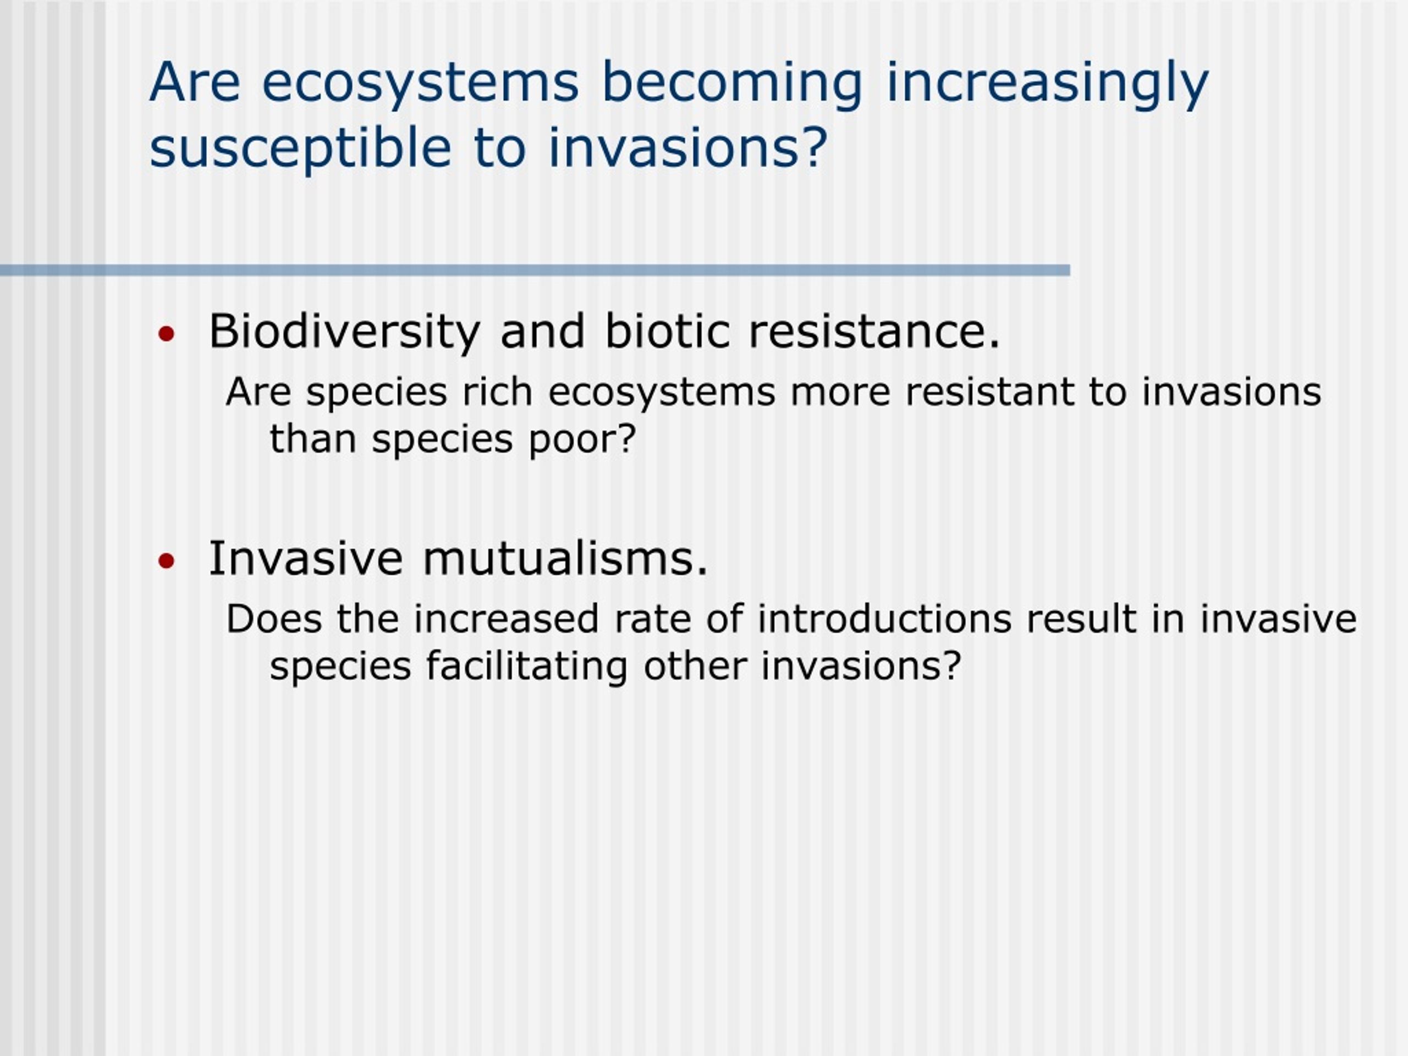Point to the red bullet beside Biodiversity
click(166, 333)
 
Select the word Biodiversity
click(344, 332)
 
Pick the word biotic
click(667, 331)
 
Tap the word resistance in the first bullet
click(874, 332)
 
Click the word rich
click(497, 391)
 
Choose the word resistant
click(990, 392)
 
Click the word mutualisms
click(565, 558)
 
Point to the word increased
click(506, 619)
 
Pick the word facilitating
click(527, 667)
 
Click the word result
click(1081, 619)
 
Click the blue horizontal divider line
click(535, 271)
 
